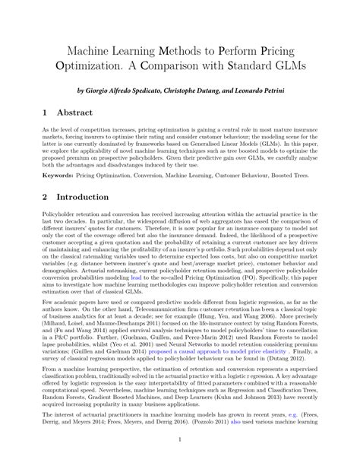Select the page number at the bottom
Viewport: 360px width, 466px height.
[x=179, y=460]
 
